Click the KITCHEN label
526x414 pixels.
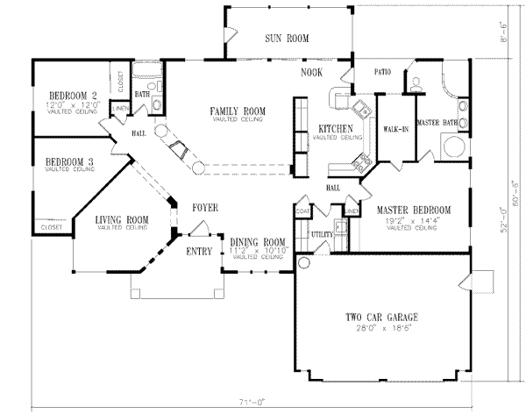click(337, 130)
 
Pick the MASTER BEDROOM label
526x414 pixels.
click(413, 211)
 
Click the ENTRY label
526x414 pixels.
click(199, 252)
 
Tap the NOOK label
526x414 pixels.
click(311, 72)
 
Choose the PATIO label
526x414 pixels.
click(381, 72)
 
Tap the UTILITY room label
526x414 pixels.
click(321, 234)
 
